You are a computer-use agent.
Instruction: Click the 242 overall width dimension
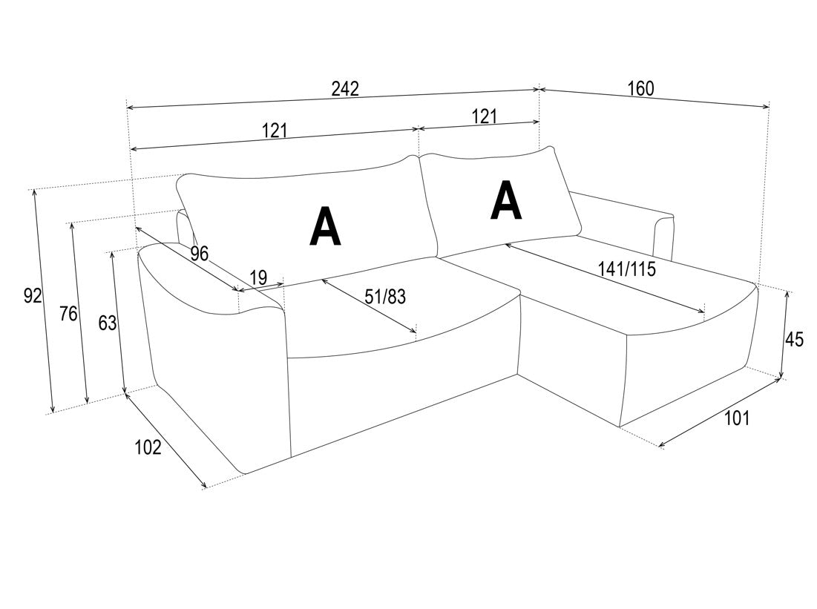tap(346, 88)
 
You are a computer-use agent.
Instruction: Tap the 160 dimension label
tap(640, 88)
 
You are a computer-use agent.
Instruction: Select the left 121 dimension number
tap(275, 130)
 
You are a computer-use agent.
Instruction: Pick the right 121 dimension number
tap(484, 116)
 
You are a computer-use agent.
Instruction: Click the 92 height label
tap(33, 296)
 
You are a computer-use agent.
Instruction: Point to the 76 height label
tap(68, 314)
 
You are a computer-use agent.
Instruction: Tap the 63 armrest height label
tap(108, 323)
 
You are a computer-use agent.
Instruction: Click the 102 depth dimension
tap(148, 447)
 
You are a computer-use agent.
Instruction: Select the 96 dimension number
tap(199, 253)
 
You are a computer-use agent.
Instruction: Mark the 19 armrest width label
tap(258, 277)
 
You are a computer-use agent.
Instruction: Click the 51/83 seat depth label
tap(385, 297)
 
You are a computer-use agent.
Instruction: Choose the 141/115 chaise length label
tap(627, 269)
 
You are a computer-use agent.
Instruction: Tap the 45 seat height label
tap(794, 340)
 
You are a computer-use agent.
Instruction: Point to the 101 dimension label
tap(737, 418)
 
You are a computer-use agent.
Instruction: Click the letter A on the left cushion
tap(325, 226)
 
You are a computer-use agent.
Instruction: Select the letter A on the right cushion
tap(506, 200)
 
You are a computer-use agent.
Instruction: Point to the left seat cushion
tap(396, 312)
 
